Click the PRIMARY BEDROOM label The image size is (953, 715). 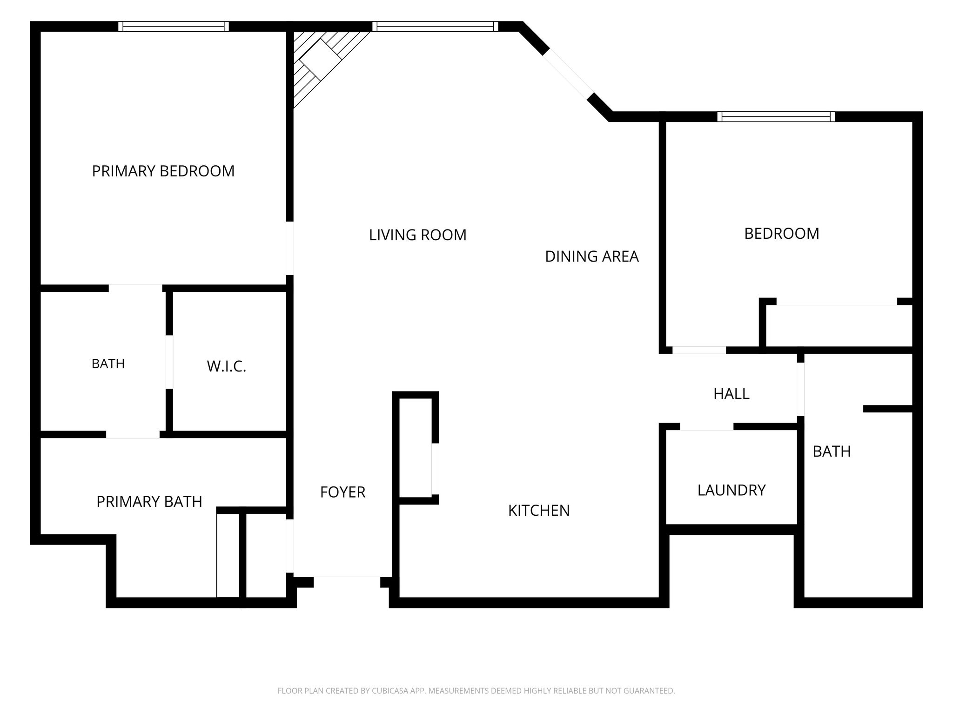163,171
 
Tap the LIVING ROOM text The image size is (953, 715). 418,235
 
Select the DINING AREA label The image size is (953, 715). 592,256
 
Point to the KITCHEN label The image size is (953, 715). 539,511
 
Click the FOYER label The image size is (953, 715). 343,492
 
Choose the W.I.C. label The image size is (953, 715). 227,367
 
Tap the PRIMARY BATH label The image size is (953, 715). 149,502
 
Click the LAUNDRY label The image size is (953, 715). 732,490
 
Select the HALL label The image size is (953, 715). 732,394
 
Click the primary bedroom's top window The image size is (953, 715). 174,27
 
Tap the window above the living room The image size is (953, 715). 436,27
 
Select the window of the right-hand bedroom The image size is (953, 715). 776,117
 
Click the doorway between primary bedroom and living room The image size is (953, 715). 290,248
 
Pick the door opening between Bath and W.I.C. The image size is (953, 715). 169,362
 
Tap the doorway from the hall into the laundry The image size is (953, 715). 707,427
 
